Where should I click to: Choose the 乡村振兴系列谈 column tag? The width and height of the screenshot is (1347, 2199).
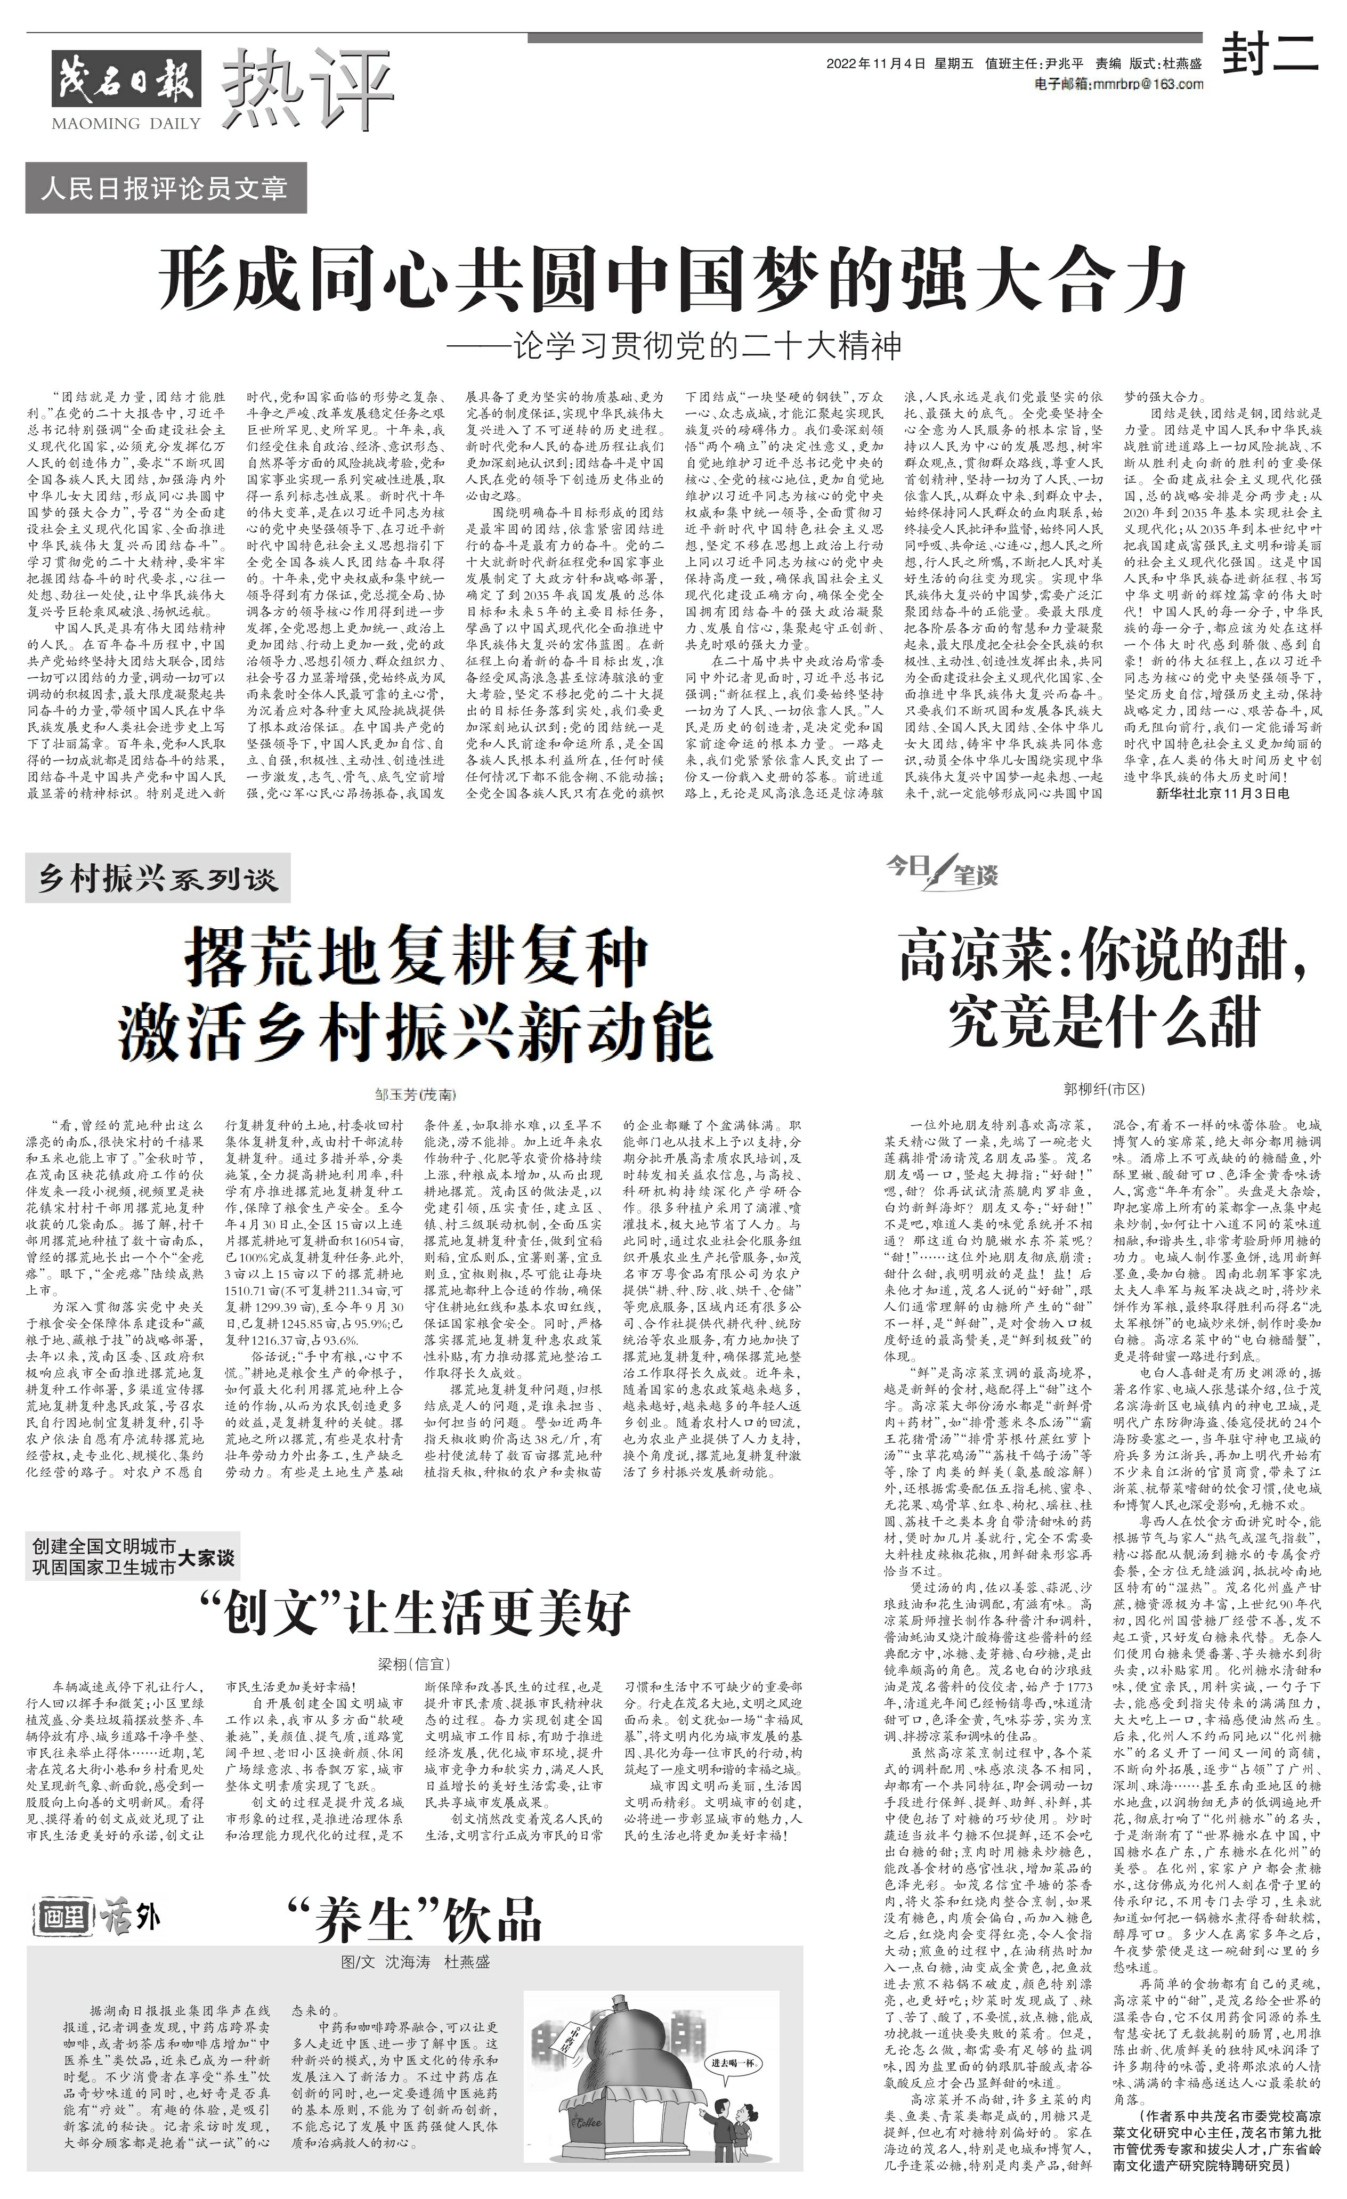(x=158, y=879)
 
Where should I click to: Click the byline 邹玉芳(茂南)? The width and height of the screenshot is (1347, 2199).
(x=415, y=1093)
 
